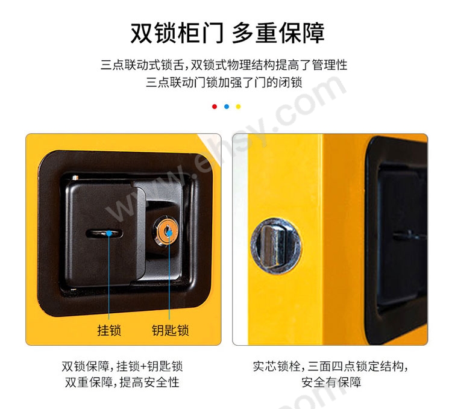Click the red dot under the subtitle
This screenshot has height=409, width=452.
214,107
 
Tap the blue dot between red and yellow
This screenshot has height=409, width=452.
226,107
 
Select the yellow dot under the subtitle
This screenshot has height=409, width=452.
238,107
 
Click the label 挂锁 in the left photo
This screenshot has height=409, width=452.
109,330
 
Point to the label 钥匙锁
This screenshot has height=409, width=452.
170,330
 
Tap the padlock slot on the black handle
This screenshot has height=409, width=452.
104,233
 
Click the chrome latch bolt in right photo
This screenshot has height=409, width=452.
276,246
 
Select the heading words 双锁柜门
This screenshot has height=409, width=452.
177,33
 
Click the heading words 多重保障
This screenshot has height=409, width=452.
278,33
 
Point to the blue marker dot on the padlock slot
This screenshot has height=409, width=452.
109,233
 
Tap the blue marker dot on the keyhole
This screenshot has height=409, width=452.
169,233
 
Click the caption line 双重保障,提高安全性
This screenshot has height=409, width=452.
122,382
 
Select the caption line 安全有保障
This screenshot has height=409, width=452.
331,382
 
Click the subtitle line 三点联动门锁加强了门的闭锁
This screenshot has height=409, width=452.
224,83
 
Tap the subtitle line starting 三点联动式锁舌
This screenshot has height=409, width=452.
224,65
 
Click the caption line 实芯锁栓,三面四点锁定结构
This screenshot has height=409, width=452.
331,366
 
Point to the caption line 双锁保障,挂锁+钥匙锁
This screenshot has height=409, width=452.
122,366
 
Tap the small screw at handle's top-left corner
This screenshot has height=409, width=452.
75,177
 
